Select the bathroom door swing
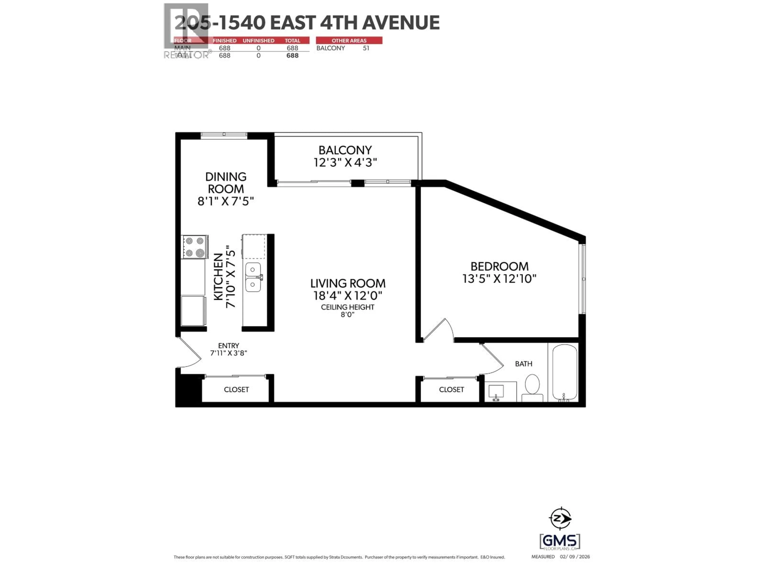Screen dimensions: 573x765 (493, 359)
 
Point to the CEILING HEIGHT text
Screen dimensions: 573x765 (348, 307)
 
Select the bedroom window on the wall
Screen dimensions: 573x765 (584, 278)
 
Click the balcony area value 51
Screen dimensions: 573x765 (366, 48)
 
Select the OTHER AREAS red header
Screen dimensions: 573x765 (349, 40)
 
